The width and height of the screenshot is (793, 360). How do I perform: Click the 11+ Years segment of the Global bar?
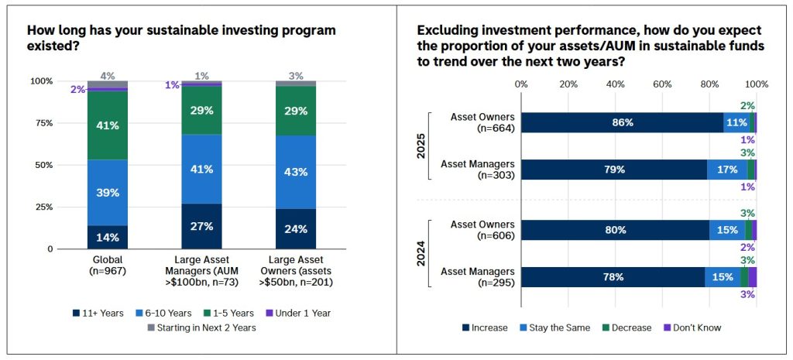tap(108, 237)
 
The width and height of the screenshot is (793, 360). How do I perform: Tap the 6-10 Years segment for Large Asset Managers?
tap(201, 169)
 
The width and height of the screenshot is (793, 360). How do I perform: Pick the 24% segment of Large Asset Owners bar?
tap(295, 229)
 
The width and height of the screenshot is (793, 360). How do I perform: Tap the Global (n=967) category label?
tap(108, 266)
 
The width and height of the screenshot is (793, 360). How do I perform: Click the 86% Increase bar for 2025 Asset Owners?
tap(623, 122)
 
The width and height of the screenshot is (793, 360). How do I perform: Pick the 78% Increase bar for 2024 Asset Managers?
tap(613, 277)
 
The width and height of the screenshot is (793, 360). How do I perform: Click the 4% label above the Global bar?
tap(108, 76)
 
